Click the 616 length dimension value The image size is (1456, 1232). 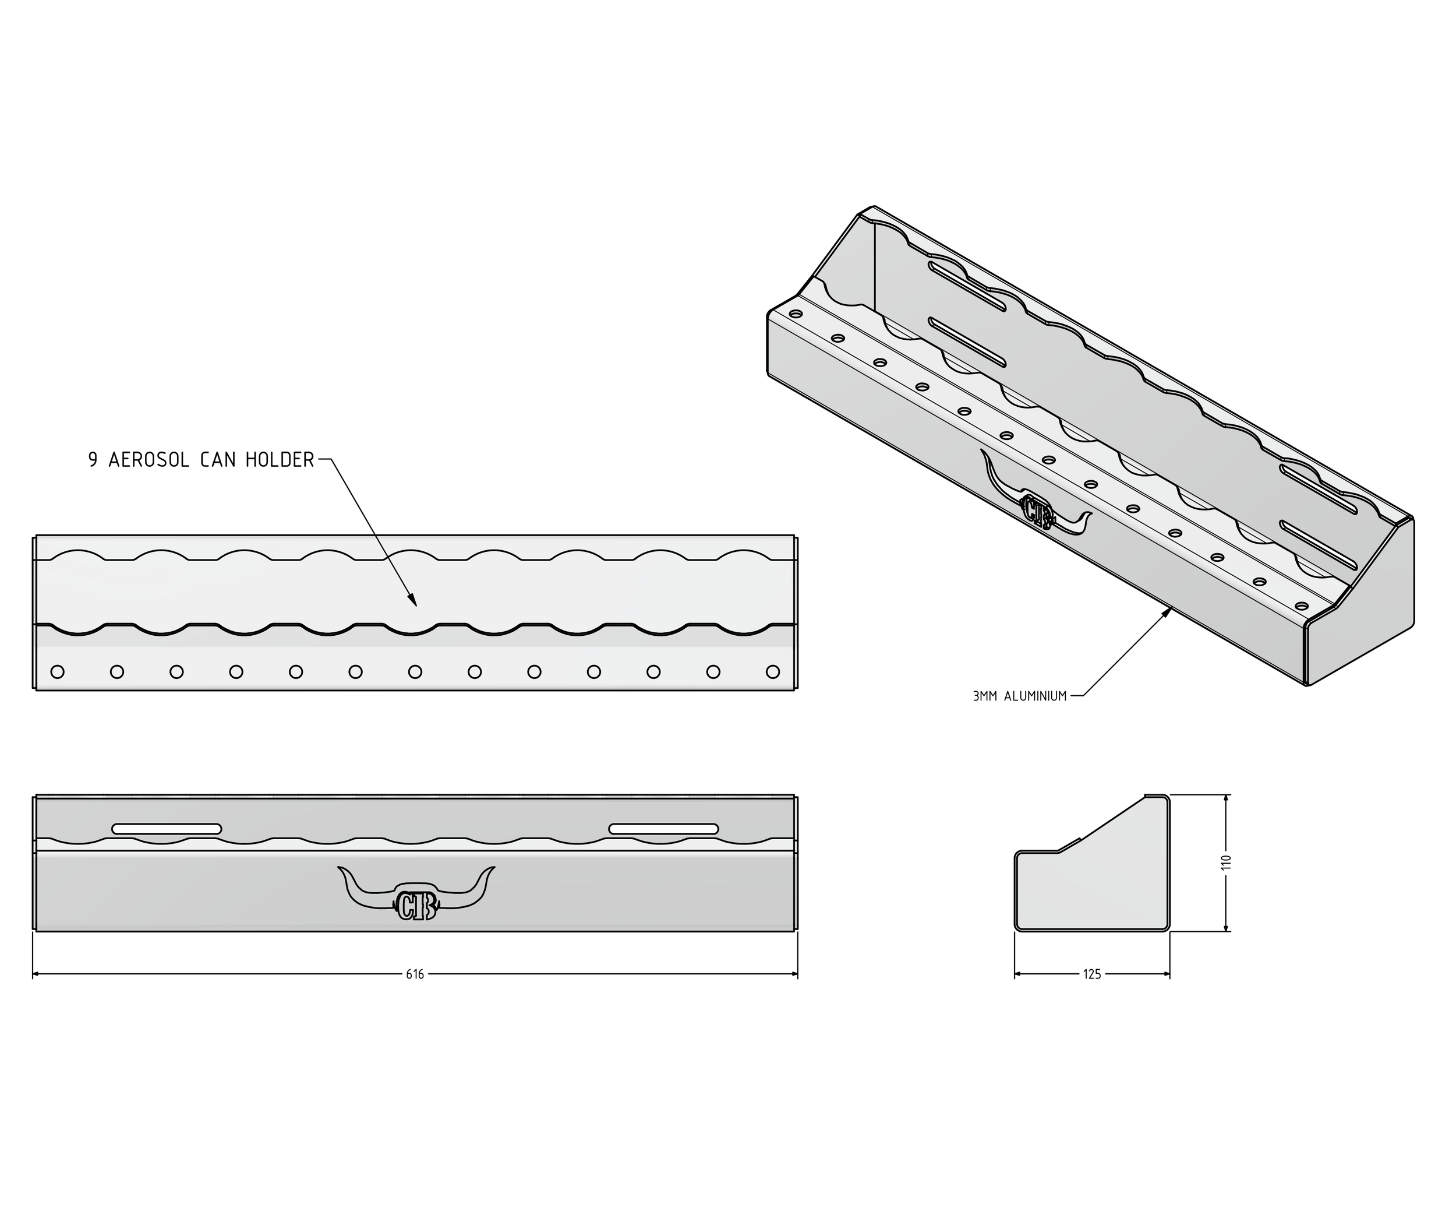coord(415,974)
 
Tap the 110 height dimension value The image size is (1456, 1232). coord(1227,863)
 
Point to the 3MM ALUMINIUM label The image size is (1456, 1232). coord(1019,696)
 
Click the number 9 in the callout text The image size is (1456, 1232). coord(93,460)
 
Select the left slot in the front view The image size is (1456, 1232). coord(167,829)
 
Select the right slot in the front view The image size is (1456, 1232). coord(663,829)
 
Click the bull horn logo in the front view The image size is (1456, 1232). coord(416,897)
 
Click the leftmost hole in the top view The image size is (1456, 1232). coord(58,672)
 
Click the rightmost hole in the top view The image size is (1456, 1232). coord(773,672)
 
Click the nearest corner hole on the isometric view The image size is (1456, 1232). coord(1301,606)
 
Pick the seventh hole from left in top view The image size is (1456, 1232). coord(415,672)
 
